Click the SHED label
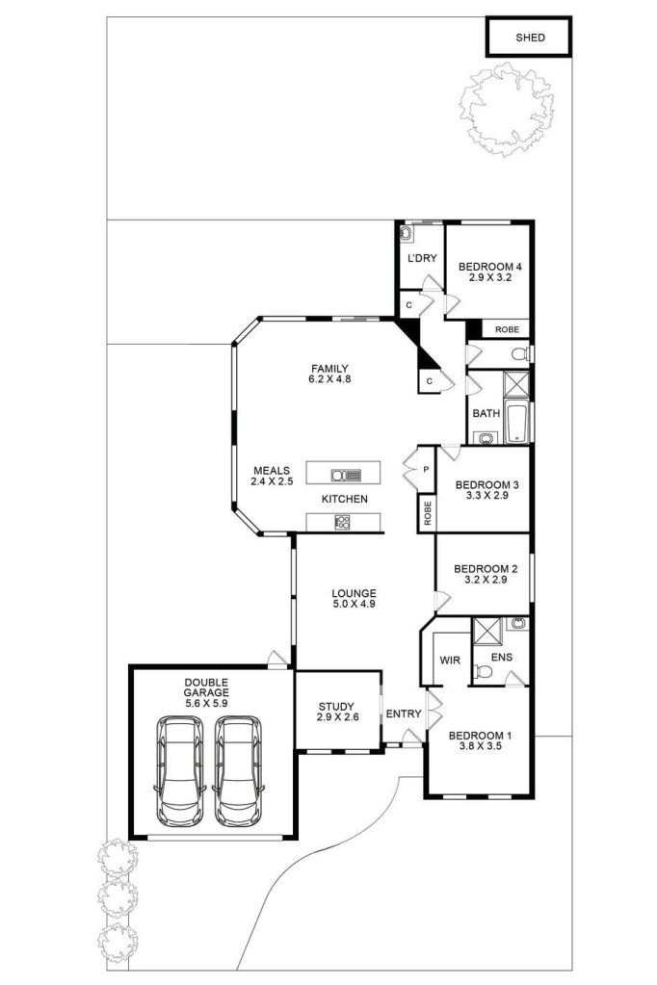coord(530,38)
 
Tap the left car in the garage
coord(180,770)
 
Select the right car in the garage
coord(238,770)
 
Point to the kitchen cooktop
coord(343,522)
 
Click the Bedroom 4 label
coord(489,267)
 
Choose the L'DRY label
coord(422,258)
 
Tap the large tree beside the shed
coord(507,111)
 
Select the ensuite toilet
coord(483,671)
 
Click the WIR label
coord(450,661)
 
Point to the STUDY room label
coord(336,706)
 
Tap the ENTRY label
coord(404,713)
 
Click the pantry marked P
coord(426,469)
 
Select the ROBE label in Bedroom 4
coord(507,329)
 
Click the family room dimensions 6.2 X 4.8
coord(329,379)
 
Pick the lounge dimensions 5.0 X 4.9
coord(354,604)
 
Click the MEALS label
coord(272,471)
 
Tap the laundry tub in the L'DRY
coord(407,233)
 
